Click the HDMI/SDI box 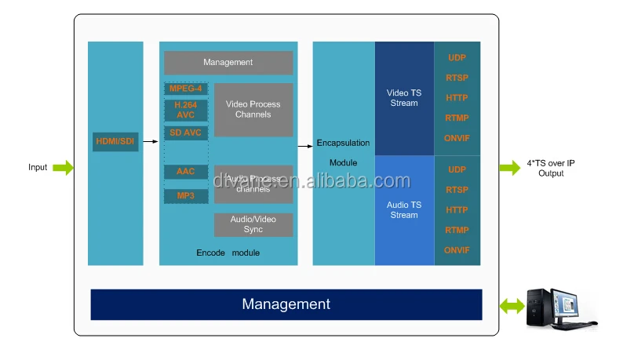tap(115, 140)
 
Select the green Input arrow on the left tap(64, 167)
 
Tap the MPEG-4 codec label tap(186, 89)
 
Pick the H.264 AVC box tap(186, 110)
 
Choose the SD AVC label tap(186, 133)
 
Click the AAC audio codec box tap(186, 171)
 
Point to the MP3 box tap(186, 195)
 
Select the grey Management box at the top tap(228, 63)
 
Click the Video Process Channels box tap(253, 110)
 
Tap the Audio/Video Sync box tap(253, 224)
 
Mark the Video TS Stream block tap(404, 98)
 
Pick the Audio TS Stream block tap(404, 210)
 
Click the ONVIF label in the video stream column tap(457, 139)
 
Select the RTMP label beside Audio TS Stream tap(457, 231)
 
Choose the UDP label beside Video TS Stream tap(457, 58)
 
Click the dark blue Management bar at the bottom tap(286, 304)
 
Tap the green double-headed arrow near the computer tap(513, 305)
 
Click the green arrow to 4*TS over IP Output tap(509, 167)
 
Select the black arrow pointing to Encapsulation tap(304, 146)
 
